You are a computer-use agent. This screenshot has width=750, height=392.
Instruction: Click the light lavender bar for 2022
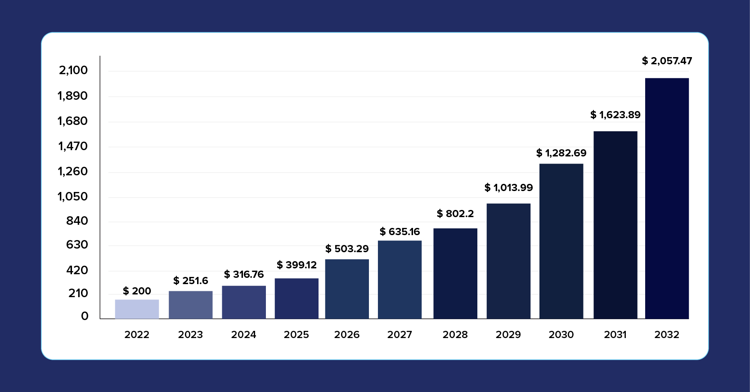(137, 309)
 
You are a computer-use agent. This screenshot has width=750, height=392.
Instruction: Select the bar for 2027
(400, 280)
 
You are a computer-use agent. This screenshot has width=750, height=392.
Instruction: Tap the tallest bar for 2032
(667, 198)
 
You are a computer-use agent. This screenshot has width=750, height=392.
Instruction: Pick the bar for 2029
(508, 261)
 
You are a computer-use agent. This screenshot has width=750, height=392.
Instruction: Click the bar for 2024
(243, 302)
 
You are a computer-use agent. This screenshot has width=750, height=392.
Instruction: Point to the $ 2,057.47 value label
(667, 61)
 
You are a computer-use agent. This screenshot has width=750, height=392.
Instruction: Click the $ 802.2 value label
(455, 214)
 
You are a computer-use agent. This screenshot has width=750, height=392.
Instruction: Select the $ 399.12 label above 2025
(296, 265)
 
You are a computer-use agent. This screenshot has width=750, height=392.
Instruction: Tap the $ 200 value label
(137, 291)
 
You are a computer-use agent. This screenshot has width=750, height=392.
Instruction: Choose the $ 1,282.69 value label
(561, 153)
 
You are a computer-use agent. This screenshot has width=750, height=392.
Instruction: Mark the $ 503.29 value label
(347, 249)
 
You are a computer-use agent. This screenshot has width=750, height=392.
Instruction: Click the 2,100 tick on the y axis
(73, 70)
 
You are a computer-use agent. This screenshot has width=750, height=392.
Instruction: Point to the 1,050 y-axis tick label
(72, 196)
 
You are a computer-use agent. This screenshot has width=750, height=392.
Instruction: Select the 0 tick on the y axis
(85, 316)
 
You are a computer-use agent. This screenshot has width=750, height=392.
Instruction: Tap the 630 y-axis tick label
(77, 245)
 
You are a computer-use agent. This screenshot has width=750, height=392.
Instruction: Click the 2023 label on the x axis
(190, 334)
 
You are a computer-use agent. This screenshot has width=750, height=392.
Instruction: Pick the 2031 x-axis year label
(615, 334)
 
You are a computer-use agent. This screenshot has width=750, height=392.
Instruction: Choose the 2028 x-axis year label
(455, 334)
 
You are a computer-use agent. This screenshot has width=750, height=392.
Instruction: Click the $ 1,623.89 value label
(615, 115)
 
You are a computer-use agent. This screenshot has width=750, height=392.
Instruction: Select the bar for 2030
(561, 241)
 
